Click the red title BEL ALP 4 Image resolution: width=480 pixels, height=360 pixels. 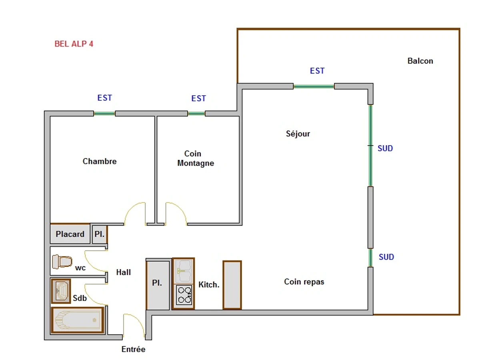click(74, 44)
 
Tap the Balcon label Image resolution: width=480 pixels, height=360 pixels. click(420, 61)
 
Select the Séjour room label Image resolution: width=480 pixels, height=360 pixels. click(298, 134)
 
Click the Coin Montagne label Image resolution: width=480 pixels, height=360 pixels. click(196, 158)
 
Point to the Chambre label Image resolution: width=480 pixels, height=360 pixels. click(100, 161)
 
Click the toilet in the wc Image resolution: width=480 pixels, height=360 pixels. click(62, 262)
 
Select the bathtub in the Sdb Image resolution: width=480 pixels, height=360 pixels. click(77, 320)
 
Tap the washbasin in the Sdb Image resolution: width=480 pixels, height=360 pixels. click(61, 291)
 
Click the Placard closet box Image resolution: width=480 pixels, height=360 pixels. click(70, 234)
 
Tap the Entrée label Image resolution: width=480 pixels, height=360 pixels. click(133, 349)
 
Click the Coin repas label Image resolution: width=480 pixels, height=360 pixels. click(304, 282)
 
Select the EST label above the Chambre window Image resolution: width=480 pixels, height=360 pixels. click(105, 98)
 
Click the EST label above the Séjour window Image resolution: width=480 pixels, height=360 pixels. click(317, 71)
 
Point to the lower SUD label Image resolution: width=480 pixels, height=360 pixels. click(386, 257)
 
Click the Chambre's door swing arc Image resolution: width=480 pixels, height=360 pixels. click(134, 212)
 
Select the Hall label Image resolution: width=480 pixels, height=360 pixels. click(124, 272)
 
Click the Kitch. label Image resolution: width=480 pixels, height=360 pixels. click(209, 285)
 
